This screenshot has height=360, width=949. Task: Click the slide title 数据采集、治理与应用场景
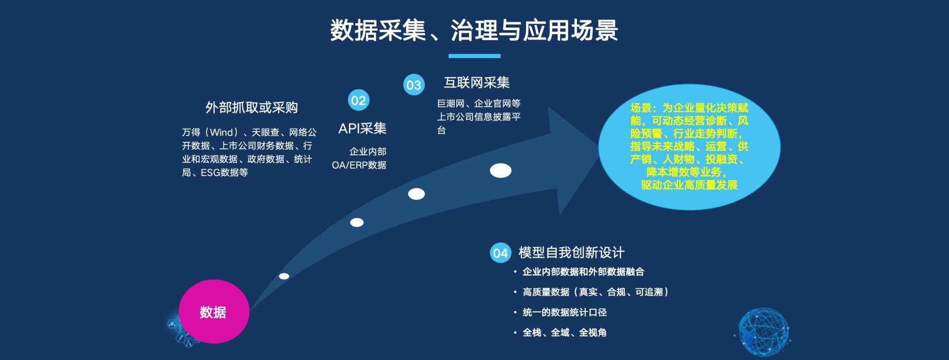474,30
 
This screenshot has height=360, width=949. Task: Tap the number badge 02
358,100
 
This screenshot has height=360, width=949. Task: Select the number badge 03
414,85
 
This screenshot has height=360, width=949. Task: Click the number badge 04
500,253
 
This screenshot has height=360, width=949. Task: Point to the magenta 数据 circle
214,312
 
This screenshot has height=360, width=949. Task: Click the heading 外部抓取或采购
252,108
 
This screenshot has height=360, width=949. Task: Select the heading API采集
362,129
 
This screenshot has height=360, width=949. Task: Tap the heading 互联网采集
476,83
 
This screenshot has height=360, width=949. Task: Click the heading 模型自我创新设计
571,253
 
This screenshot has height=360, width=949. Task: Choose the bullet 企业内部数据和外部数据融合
583,272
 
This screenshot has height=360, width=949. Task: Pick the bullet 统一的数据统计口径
564,313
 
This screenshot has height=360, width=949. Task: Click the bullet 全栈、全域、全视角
564,333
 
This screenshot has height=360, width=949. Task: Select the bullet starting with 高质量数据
596,292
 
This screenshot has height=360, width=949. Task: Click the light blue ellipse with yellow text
689,147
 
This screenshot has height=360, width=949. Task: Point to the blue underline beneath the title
474,56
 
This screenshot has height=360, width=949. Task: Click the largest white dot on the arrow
501,171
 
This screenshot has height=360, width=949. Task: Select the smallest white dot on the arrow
284,276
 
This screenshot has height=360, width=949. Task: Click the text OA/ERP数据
359,165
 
